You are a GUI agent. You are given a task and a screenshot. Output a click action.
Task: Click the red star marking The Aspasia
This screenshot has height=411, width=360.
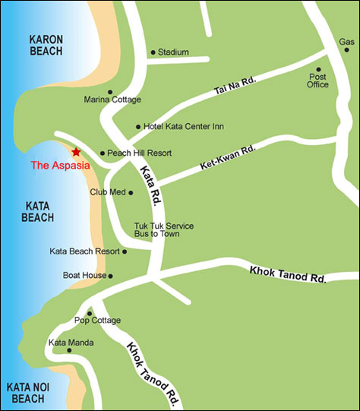pyautogui.click(x=76, y=152)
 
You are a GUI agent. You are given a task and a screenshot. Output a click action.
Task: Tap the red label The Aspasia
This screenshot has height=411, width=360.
pyautogui.click(x=60, y=165)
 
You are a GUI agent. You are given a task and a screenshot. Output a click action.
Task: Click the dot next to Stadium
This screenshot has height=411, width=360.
pyautogui.click(x=153, y=52)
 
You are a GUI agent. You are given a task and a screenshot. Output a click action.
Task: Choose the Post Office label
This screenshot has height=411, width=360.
pyautogui.click(x=318, y=80)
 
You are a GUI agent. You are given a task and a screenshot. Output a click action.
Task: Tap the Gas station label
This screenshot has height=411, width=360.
pyautogui.click(x=346, y=42)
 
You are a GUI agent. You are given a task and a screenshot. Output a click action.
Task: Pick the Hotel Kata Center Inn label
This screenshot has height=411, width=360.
pyautogui.click(x=174, y=127)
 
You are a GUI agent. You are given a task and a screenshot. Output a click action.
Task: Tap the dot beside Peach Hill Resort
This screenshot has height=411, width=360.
pyautogui.click(x=103, y=153)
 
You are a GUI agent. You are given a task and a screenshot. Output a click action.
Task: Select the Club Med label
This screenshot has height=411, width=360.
pyautogui.click(x=107, y=192)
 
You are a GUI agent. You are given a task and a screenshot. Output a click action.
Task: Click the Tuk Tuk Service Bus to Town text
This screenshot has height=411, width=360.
pyautogui.click(x=163, y=230)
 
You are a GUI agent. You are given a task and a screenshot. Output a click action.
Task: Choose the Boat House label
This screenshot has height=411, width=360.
pyautogui.click(x=84, y=276)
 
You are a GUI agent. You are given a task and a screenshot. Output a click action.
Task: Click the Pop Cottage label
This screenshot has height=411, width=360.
pyautogui.click(x=97, y=321)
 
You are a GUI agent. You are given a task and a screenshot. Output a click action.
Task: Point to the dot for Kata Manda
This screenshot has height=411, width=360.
pyautogui.click(x=69, y=351)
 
